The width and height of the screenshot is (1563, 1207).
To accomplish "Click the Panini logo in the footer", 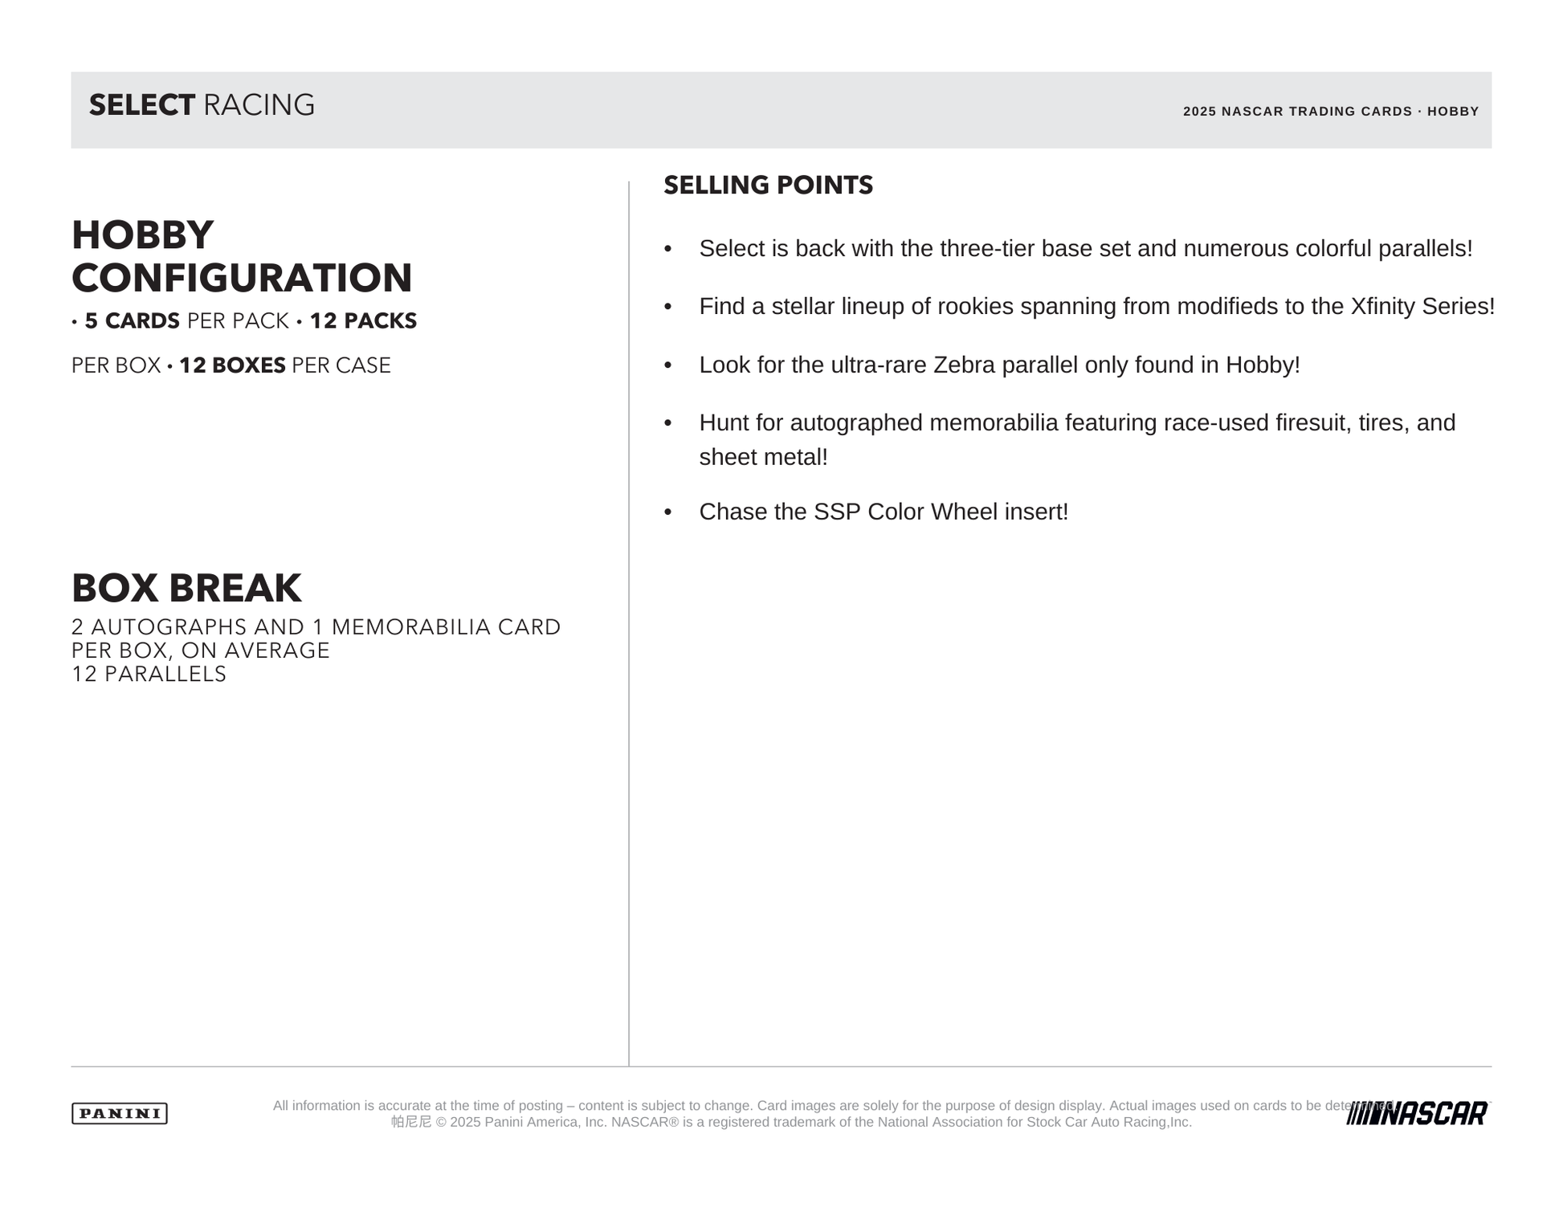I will (x=120, y=1113).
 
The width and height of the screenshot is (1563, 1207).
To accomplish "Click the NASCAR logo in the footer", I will (x=1417, y=1113).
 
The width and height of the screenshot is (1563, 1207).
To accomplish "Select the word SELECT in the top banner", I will (x=141, y=105).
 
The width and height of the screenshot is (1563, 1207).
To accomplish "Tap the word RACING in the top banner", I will (x=259, y=105).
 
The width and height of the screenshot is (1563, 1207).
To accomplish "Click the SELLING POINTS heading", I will (x=768, y=185).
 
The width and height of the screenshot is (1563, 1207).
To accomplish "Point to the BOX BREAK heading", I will (x=186, y=588).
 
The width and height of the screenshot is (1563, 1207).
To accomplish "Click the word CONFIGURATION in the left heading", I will (x=242, y=278).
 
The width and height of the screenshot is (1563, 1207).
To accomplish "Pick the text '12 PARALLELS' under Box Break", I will (x=149, y=674).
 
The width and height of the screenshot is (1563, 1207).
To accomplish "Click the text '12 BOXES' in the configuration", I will (x=232, y=365).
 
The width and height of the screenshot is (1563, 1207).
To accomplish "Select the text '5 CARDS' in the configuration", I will (x=132, y=321).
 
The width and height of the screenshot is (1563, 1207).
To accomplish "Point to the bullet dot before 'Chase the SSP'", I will (x=668, y=512).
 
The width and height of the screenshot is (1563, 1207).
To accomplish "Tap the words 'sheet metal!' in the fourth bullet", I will (x=763, y=457).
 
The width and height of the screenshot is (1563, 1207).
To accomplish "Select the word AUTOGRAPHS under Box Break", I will (x=169, y=627).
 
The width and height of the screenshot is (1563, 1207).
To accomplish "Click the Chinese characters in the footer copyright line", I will (x=411, y=1122).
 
